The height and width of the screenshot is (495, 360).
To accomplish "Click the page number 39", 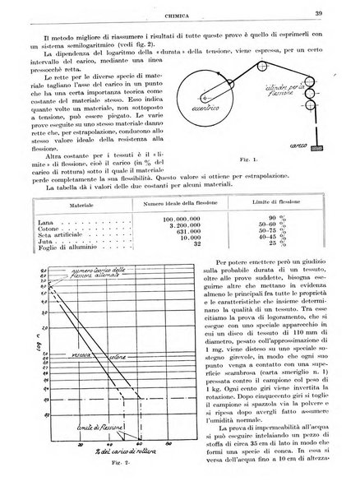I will (339, 11).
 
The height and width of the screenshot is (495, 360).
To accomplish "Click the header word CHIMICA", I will (180, 12).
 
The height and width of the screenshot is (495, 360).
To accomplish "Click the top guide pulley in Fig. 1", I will (309, 88).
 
